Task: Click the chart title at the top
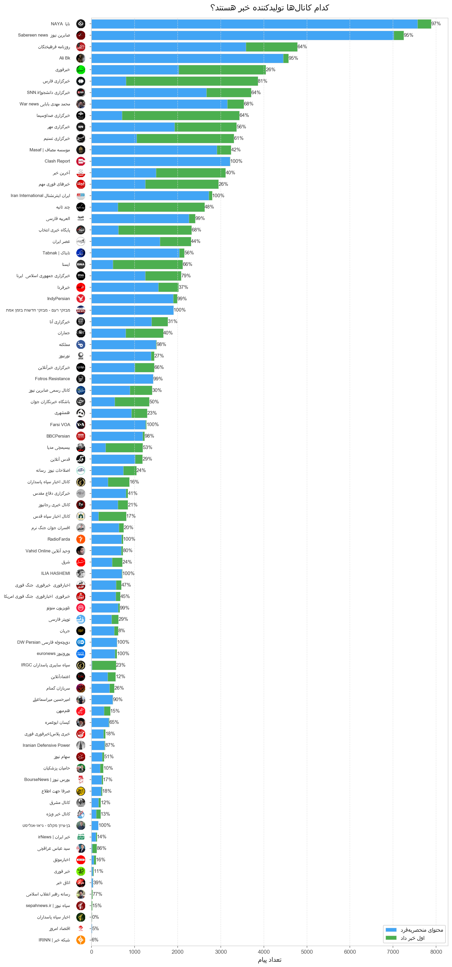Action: click(269, 8)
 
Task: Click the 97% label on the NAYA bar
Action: click(436, 24)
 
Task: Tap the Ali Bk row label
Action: click(64, 58)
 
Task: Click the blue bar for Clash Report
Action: click(160, 162)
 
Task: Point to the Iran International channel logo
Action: click(81, 196)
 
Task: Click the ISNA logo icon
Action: click(81, 264)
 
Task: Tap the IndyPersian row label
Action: click(58, 299)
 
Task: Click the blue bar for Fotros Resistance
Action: click(122, 379)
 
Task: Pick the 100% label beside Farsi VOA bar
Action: click(153, 425)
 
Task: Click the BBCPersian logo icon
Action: click(81, 436)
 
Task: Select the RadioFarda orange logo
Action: click(81, 539)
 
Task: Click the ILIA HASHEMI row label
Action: click(56, 574)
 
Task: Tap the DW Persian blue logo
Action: click(81, 642)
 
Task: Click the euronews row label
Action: click(53, 654)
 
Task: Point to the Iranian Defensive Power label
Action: click(46, 745)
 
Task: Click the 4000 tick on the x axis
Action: click(264, 952)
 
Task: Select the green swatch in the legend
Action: click(391, 938)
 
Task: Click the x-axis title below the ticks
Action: click(269, 960)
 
